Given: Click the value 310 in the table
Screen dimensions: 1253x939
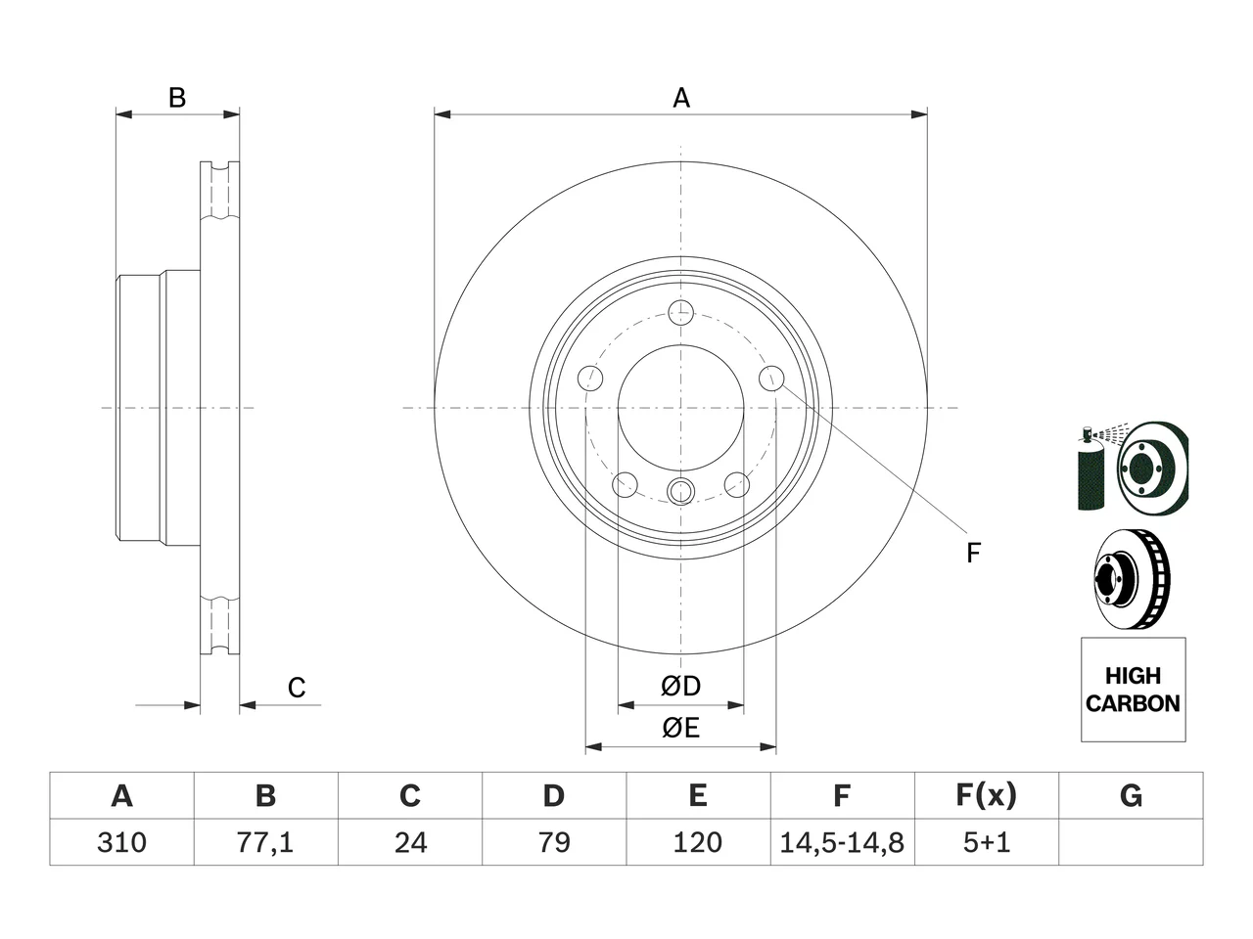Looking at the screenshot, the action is pos(121,842).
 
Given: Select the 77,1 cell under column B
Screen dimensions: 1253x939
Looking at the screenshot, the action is pos(265,842).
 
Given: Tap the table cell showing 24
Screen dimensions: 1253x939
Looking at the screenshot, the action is pos(410,842).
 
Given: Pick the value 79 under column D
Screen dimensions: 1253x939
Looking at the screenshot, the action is pos(554,842).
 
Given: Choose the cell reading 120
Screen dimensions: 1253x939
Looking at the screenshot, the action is pos(698,842).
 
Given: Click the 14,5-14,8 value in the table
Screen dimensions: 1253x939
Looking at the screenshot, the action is pos(842,842).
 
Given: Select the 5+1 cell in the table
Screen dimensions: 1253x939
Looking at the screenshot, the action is pos(987,842).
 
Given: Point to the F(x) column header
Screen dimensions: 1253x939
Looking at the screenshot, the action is pos(987,795).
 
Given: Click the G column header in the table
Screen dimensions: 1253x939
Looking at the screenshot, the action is pos(1131,795).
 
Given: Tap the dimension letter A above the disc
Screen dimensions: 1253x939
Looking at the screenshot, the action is pos(681,98).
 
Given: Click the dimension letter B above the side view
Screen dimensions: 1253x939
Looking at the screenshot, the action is pos(177,98).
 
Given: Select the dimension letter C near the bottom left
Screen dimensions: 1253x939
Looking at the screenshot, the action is pos(297,688).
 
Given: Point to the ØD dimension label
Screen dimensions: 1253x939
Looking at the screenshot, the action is pos(680,686).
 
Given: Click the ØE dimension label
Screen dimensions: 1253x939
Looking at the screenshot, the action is pos(680,728).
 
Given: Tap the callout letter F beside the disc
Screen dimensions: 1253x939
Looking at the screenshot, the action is pos(973,553).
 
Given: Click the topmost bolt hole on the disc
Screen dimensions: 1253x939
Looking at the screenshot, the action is pos(681,313).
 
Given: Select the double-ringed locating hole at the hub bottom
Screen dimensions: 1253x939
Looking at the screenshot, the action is pos(681,491).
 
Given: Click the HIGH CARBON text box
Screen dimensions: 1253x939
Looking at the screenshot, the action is pos(1134,690).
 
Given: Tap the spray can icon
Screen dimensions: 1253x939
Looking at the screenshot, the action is pos(1091,468).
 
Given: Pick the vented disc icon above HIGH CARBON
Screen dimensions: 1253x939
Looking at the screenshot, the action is pos(1132,579).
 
